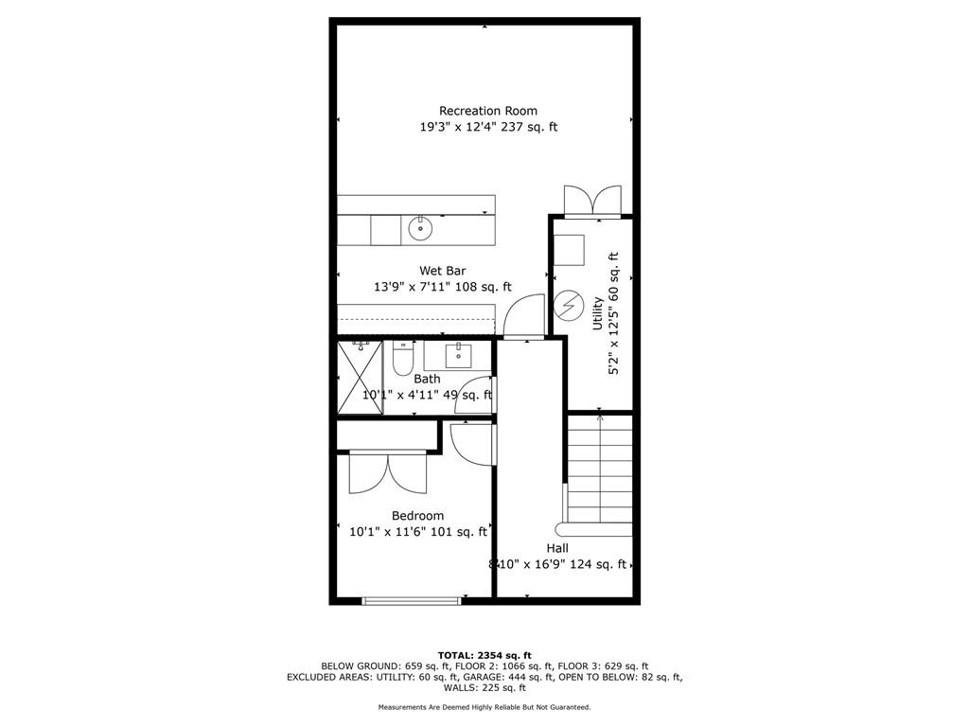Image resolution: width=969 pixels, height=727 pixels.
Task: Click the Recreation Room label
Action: [487, 111]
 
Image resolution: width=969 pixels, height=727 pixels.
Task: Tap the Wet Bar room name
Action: [443, 271]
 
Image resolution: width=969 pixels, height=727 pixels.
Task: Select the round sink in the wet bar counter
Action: [419, 227]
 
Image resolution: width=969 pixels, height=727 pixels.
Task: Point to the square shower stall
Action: [360, 378]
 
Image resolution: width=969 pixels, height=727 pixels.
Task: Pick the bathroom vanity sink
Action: [458, 355]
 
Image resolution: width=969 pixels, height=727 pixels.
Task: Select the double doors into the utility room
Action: [592, 202]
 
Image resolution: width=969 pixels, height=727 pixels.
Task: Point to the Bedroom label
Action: [417, 516]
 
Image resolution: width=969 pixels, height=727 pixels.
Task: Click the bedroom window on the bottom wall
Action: [413, 599]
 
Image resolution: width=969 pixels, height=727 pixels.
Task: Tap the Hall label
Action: [557, 548]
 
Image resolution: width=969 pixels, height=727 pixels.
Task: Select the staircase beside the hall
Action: [600, 473]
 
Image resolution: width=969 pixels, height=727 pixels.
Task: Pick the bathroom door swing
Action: [473, 398]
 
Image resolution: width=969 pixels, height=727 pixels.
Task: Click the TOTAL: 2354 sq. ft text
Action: [484, 655]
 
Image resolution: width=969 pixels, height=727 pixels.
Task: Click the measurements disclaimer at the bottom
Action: [484, 707]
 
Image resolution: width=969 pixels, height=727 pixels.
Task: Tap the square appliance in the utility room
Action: [569, 249]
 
